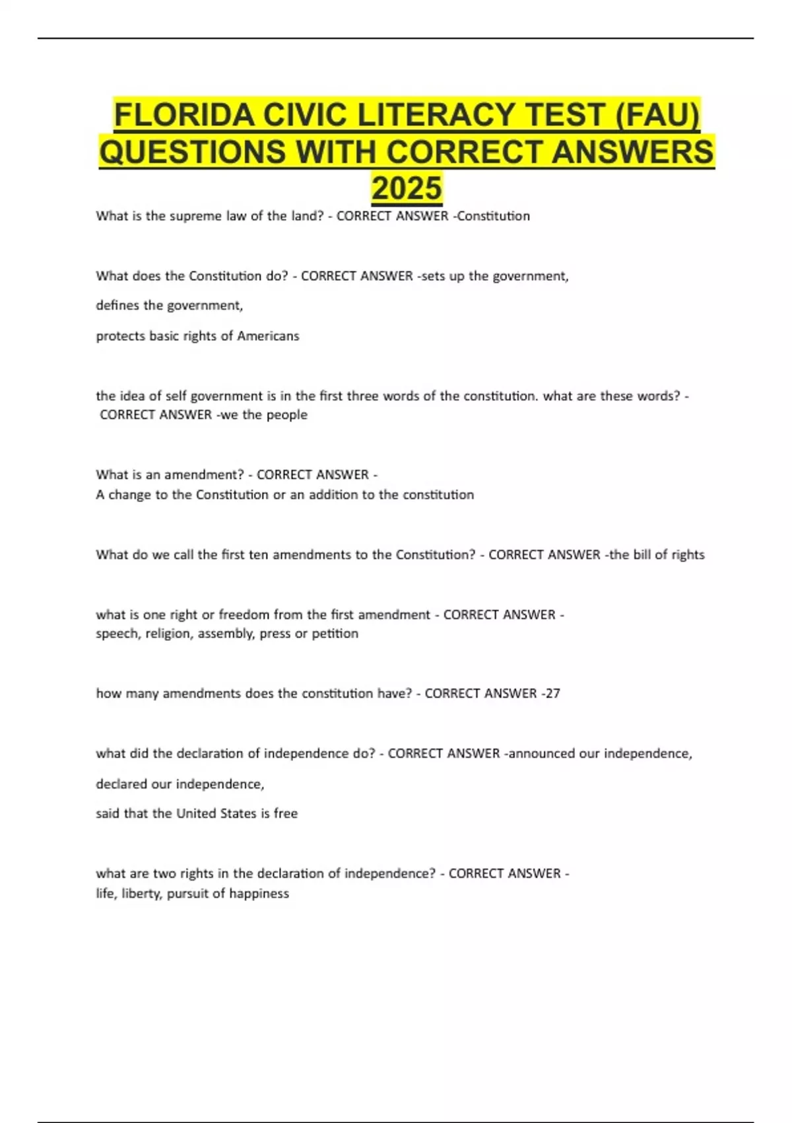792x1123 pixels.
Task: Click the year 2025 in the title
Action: (407, 188)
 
